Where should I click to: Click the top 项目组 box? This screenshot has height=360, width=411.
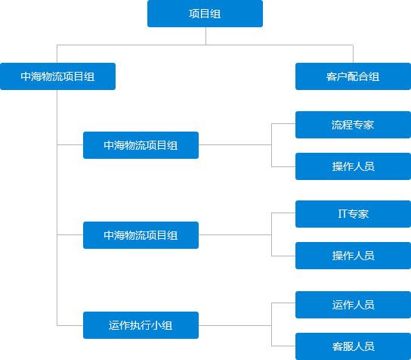(x=205, y=14)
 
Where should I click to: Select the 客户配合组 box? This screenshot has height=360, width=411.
(x=353, y=76)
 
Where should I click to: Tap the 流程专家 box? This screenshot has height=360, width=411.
(x=353, y=125)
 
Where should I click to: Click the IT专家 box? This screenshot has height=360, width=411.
(x=353, y=214)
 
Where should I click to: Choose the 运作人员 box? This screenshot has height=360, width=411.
(x=353, y=305)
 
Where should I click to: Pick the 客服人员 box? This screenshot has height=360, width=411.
(x=353, y=346)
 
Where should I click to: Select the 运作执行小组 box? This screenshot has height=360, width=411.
(x=141, y=325)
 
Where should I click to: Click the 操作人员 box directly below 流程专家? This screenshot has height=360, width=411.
(x=353, y=166)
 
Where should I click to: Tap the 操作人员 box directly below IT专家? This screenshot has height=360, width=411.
(x=353, y=256)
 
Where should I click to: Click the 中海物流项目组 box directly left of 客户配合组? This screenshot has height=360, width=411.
(x=57, y=76)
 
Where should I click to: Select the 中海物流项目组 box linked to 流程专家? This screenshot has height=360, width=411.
(x=141, y=145)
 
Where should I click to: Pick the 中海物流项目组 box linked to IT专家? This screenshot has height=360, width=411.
(x=141, y=235)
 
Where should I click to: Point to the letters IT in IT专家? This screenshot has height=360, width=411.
(x=342, y=213)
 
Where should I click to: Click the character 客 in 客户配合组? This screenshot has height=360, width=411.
(x=332, y=76)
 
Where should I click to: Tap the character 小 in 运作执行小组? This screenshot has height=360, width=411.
(x=156, y=325)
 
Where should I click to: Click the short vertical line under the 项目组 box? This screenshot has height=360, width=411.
(x=205, y=36)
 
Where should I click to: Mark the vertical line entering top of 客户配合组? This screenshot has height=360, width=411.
(x=353, y=54)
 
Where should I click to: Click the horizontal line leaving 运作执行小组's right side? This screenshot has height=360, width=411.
(x=235, y=325)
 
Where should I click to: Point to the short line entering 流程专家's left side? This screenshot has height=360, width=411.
(x=283, y=123)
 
